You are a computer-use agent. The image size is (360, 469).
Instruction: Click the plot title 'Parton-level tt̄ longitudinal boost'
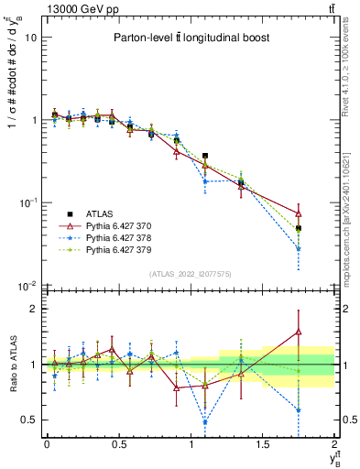[x=190, y=38]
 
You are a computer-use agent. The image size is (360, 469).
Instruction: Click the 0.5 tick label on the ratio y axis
[x=30, y=420]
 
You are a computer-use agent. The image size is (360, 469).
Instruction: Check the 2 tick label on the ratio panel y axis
[x=36, y=309]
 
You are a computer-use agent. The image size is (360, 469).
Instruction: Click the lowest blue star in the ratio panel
[x=205, y=422]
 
